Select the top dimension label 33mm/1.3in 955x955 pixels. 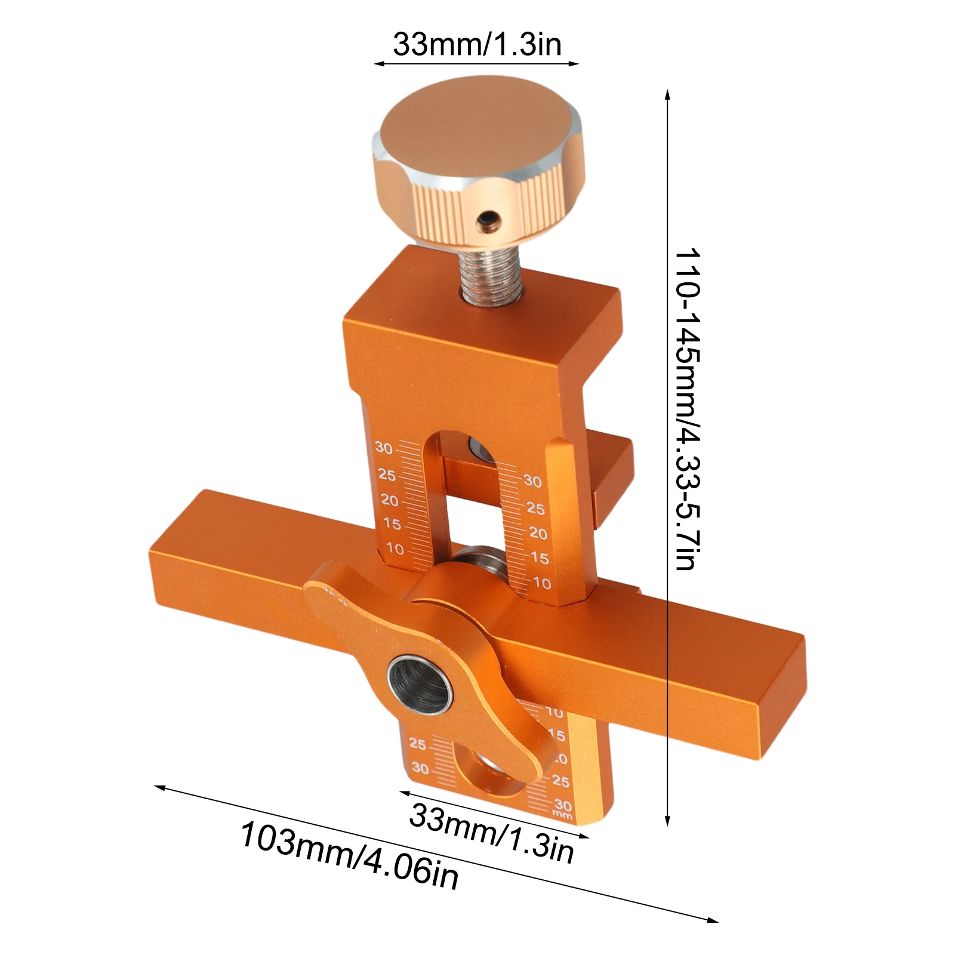pyautogui.click(x=477, y=44)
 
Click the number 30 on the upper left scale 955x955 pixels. pyautogui.click(x=384, y=448)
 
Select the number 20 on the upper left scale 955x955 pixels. pyautogui.click(x=389, y=500)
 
